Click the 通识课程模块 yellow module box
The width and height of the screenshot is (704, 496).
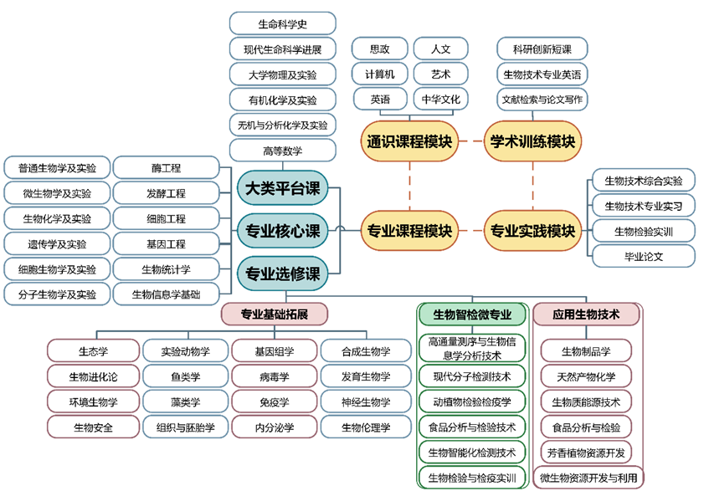pos(409,141)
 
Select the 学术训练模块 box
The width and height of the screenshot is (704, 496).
pos(533,141)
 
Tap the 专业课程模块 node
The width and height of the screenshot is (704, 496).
pos(409,230)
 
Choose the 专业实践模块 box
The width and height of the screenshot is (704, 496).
pos(533,230)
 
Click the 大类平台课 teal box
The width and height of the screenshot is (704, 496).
pos(282,189)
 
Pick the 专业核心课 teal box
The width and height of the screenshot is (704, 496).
pos(282,230)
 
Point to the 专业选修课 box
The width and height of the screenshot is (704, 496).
pos(282,270)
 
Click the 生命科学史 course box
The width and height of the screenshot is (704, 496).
pos(282,23)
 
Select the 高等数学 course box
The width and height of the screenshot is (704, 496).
pos(282,151)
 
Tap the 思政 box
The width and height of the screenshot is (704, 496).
pos(379,49)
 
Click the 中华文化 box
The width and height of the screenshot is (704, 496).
pos(440,99)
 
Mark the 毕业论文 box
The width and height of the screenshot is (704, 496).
pos(643,256)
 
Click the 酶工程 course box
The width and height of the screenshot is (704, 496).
pos(167,168)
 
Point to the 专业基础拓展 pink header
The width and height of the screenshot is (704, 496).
pos(275,314)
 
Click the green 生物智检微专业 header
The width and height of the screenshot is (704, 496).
pos(472,314)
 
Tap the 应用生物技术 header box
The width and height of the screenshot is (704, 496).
pos(586,314)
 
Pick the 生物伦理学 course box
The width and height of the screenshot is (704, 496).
pos(366,427)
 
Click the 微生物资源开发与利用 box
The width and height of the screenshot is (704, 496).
pos(588,478)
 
